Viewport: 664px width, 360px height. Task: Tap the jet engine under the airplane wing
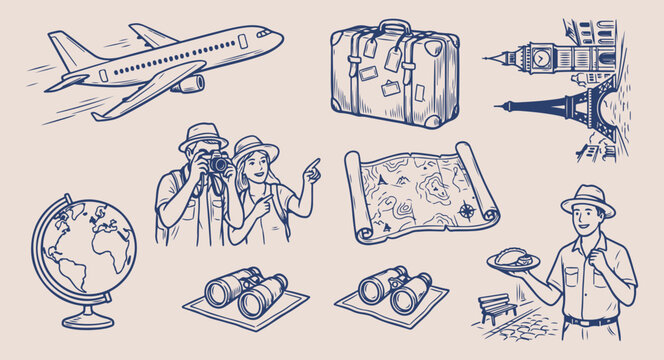pos(188,83)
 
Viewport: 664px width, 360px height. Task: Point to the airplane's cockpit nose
pos(273,33)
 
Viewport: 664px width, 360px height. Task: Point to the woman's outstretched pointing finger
pos(314,162)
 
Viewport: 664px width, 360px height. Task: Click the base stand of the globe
pos(87,320)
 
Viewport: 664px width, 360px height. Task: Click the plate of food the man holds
pos(513,260)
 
